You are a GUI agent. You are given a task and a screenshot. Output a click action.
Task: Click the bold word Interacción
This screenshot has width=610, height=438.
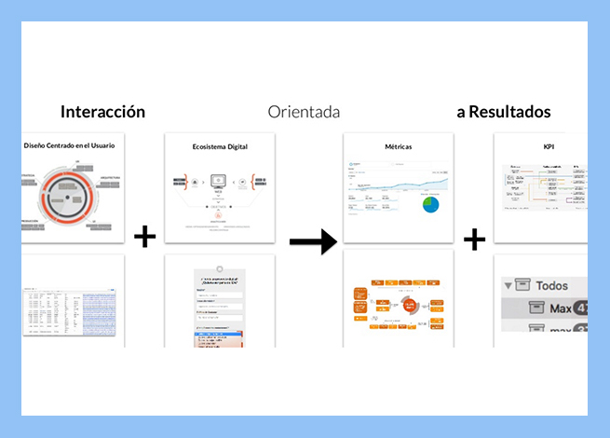pos(102,112)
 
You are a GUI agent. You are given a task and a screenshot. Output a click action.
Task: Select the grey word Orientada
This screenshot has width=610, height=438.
pos(304,112)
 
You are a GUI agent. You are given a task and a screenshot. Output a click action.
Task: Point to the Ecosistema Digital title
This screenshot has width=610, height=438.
pos(220,146)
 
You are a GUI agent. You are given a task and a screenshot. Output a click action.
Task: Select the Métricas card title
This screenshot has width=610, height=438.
pos(398,146)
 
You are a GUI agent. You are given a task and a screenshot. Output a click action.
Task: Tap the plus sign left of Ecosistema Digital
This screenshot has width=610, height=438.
pos(144,237)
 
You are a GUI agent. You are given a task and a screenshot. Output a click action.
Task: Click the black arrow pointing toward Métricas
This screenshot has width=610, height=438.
pos(312,242)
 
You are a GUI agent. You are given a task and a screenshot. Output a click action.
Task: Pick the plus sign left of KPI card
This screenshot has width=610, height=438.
pos(475,240)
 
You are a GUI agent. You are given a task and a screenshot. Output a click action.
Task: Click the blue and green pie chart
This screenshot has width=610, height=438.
pos(431,202)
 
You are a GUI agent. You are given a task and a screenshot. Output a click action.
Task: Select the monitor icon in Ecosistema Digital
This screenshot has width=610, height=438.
pos(220,181)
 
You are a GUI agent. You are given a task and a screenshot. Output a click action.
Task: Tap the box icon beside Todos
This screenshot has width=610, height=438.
pos(527,285)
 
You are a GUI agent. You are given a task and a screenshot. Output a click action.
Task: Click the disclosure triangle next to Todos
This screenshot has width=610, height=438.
pos(508,286)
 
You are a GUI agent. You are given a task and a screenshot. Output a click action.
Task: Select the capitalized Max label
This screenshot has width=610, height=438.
pos(560,308)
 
